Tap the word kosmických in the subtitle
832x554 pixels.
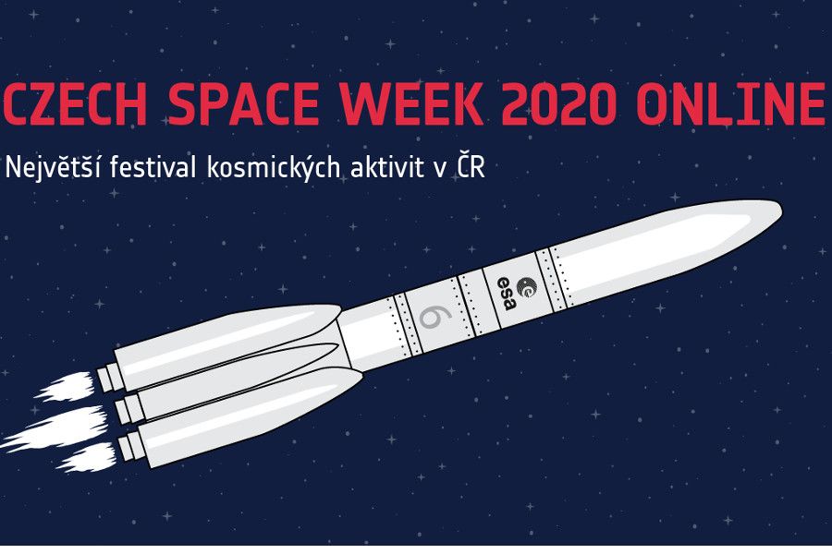287,168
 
